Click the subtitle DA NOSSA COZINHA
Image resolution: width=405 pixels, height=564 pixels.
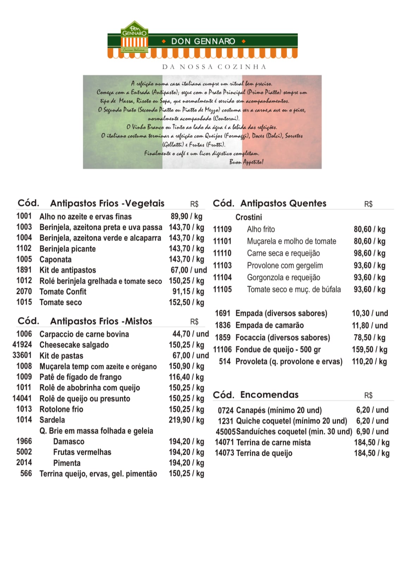point(214,67)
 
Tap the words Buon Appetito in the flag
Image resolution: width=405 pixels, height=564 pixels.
point(246,162)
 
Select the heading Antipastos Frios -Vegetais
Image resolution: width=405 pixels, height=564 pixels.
point(107,203)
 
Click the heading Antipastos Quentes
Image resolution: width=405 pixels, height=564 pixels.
point(283,203)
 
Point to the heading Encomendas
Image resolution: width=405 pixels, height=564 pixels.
point(269,395)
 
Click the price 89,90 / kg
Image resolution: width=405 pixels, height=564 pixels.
point(186,216)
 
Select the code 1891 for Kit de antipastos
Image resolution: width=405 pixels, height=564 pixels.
point(24,270)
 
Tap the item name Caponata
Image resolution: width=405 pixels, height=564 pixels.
point(55,259)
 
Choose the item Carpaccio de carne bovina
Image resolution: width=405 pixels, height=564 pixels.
point(84,334)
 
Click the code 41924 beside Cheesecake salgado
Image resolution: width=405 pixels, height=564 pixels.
point(22,345)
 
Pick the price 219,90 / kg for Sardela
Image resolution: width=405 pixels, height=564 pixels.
point(186,420)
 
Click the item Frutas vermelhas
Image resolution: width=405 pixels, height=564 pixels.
point(82,452)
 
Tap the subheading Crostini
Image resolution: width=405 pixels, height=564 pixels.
point(248,217)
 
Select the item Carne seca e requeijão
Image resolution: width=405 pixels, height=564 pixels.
point(283,253)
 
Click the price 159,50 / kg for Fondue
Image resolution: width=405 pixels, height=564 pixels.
point(369,350)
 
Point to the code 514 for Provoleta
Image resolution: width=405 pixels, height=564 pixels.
point(225,362)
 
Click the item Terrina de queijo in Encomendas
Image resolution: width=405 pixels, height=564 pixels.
point(264,453)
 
